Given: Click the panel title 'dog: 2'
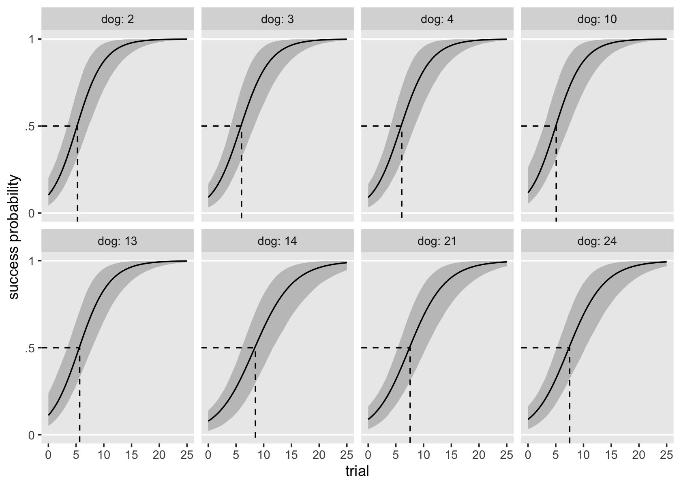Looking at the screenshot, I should tap(118, 19).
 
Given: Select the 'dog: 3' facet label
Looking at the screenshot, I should tap(277, 19).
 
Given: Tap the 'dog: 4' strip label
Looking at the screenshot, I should tap(437, 19).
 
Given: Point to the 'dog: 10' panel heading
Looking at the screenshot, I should tap(597, 19).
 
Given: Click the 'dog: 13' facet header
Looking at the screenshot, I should tap(118, 241).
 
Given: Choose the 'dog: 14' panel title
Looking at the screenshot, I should tap(277, 241).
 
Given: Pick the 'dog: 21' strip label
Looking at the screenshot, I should tap(437, 241).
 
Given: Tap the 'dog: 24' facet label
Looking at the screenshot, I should tap(597, 241).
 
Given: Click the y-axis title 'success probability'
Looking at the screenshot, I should tap(15, 237).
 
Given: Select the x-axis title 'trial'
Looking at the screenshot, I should tap(357, 471).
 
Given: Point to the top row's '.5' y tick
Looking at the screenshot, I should tap(29, 126).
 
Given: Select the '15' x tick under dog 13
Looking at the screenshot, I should tap(132, 455).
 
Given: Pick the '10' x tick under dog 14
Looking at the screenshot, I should tap(264, 455).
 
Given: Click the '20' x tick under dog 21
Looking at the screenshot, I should tap(479, 455).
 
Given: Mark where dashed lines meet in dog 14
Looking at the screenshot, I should tap(255, 348).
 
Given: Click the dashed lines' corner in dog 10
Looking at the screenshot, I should tap(556, 126).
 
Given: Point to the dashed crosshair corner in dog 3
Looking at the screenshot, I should tap(242, 126).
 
